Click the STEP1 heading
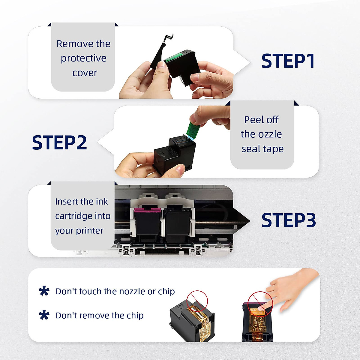[x=288, y=61]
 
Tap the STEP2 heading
[x=59, y=142]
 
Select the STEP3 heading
[x=289, y=220]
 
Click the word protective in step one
[x=83, y=58]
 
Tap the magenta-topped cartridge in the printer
[x=147, y=222]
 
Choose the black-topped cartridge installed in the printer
[x=177, y=222]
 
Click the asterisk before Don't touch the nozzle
[x=44, y=291]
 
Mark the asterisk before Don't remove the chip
[x=44, y=315]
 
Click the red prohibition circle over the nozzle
[x=197, y=301]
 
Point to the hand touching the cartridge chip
[x=288, y=288]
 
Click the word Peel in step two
[x=254, y=120]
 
